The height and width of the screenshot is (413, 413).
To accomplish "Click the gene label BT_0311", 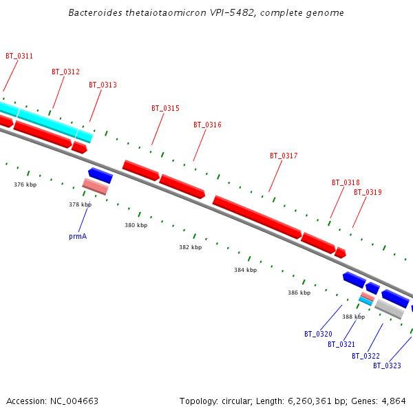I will [19, 56].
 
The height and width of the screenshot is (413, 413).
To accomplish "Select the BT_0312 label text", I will [65, 72].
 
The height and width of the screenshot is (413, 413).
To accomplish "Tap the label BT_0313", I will [103, 85].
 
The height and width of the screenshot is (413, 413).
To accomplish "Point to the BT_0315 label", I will [165, 109].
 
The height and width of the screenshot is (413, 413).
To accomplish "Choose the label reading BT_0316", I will [207, 125].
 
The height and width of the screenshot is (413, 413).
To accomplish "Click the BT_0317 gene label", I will [284, 156].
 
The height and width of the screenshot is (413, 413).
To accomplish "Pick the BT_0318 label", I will [346, 183].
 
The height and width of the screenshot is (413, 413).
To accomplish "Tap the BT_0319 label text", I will [368, 193].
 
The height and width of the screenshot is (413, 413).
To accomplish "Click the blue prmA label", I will [78, 236].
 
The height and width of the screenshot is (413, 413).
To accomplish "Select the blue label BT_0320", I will [318, 335].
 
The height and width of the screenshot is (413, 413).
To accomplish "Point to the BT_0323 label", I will [387, 366].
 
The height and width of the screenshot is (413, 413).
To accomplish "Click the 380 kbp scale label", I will [136, 226].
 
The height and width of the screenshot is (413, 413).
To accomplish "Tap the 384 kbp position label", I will [245, 271].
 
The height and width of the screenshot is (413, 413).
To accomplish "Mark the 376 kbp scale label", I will [25, 184].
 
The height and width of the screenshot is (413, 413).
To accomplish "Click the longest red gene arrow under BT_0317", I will [257, 217].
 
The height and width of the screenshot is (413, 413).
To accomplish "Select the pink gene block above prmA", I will [95, 186].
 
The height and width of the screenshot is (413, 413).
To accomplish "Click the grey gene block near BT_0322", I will [390, 308].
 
